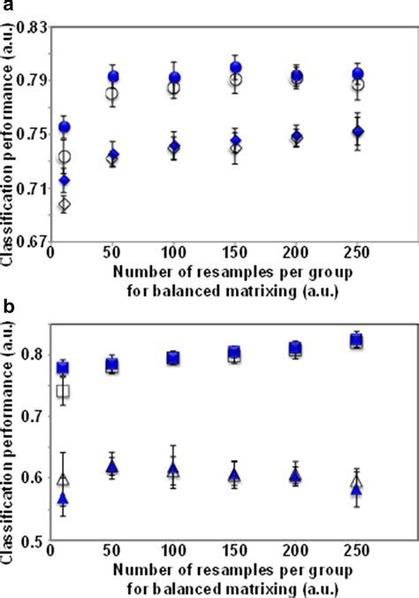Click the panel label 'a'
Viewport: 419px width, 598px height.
(6, 8)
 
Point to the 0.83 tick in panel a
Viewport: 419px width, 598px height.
(33, 28)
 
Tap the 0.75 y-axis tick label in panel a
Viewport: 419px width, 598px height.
(33, 134)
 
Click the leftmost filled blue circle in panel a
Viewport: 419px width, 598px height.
(65, 127)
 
